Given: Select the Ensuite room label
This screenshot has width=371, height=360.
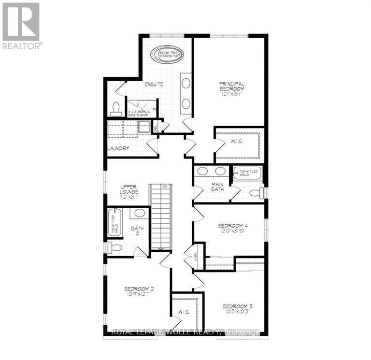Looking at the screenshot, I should [154, 84].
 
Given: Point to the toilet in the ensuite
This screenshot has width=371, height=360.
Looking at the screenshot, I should [116, 109].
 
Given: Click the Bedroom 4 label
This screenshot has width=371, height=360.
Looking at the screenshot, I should [232, 228].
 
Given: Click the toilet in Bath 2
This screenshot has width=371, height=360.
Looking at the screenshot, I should [114, 248].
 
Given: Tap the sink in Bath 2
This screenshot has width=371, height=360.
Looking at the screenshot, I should [140, 213].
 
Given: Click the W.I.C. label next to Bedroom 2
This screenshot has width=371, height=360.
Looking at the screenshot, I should [184, 312].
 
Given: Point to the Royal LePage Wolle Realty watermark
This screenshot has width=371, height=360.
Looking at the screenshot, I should [185, 332].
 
